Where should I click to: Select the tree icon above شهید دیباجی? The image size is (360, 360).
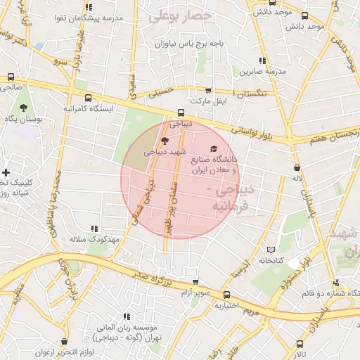(165, 141)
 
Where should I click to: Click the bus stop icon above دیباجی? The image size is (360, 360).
(181, 112)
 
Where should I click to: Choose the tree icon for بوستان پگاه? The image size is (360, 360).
(24, 108)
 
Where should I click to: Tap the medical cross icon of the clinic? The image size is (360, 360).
(6, 172)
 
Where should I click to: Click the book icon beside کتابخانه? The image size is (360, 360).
(271, 250)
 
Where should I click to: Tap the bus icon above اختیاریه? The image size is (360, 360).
(226, 295)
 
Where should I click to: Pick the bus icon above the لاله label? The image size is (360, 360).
(297, 168)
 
